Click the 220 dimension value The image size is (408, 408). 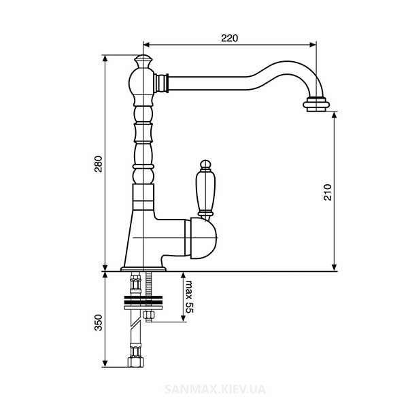click(230, 38)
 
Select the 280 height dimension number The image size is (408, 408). click(99, 164)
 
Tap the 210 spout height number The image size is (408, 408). click(328, 192)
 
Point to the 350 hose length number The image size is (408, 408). click(99, 322)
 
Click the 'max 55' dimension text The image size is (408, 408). click(190, 297)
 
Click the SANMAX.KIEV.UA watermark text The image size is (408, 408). click(215, 390)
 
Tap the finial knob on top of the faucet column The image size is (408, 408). click(143, 61)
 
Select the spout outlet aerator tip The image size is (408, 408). click(316, 105)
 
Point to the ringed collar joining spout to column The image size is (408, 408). click(161, 83)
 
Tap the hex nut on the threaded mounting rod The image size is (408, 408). click(149, 315)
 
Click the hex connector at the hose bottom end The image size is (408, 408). click(135, 362)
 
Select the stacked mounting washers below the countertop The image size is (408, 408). click(143, 303)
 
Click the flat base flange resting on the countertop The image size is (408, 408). click(143, 269)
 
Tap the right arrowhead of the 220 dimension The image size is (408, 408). click(313, 45)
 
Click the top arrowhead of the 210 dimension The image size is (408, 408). click(335, 115)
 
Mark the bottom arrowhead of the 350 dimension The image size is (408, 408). click(105, 364)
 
